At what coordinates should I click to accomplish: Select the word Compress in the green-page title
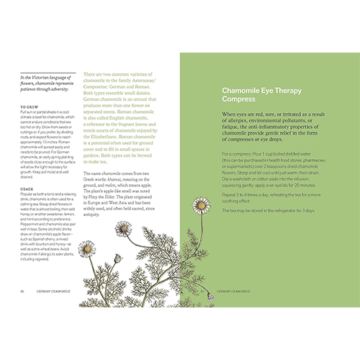click(x=237, y=99)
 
